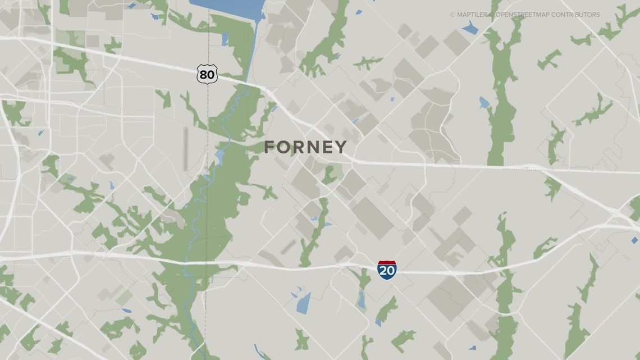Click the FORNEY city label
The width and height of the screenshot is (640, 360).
click(x=305, y=147)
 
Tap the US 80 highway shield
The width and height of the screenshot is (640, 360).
click(x=207, y=74)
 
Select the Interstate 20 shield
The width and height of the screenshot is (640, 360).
click(x=387, y=270)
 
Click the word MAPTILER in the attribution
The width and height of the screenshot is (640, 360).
click(x=472, y=15)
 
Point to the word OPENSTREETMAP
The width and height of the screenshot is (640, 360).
click(x=520, y=15)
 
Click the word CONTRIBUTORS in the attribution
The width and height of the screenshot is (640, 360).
click(x=575, y=15)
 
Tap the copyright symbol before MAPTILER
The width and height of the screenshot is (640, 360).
click(x=452, y=15)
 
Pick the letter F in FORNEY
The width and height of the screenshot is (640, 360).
click(x=271, y=147)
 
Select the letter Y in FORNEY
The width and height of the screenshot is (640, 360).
click(x=341, y=147)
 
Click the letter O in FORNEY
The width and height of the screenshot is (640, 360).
click(x=285, y=147)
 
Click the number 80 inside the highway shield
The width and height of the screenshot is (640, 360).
click(x=207, y=74)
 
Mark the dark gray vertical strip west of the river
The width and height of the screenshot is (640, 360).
click(x=186, y=148)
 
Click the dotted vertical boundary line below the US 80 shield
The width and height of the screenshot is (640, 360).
click(x=208, y=112)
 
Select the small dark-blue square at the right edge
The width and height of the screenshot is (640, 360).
click(x=634, y=240)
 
